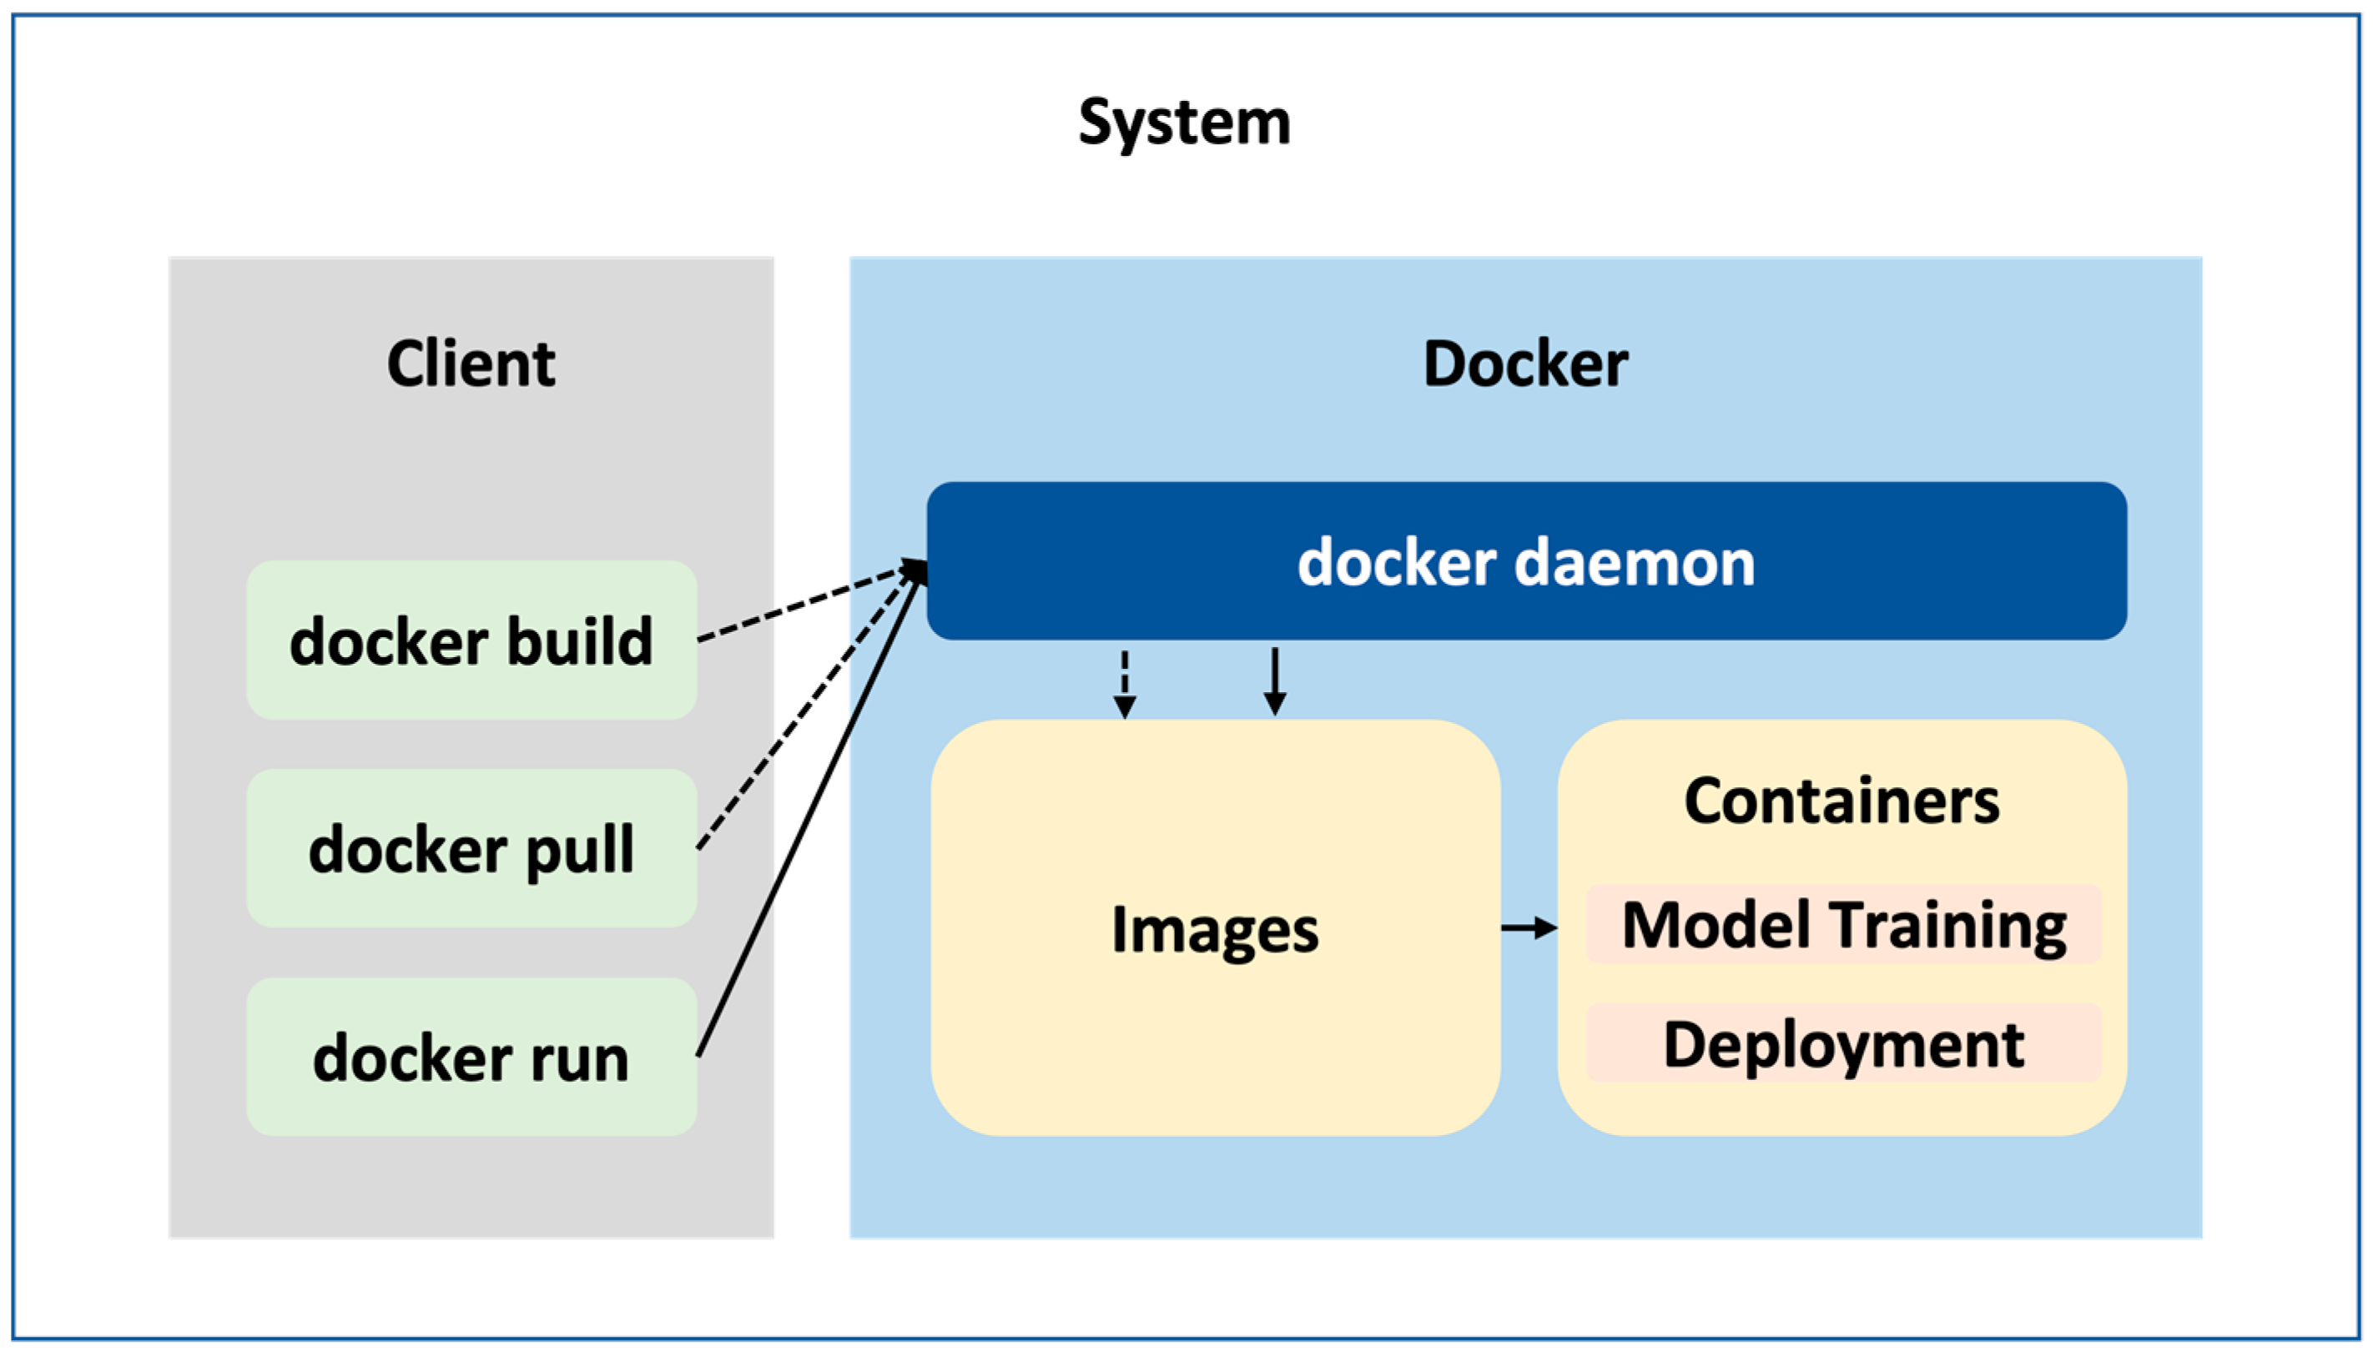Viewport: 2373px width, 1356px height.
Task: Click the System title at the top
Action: (x=1184, y=122)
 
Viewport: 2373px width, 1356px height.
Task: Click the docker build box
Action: (x=471, y=640)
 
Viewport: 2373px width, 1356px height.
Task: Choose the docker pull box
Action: (x=471, y=848)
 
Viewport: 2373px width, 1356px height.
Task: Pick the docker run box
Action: (x=471, y=1057)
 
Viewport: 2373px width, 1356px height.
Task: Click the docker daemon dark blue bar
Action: (x=1526, y=561)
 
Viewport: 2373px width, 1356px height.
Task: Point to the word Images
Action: (x=1215, y=930)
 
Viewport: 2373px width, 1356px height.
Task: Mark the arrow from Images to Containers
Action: (x=1528, y=927)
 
